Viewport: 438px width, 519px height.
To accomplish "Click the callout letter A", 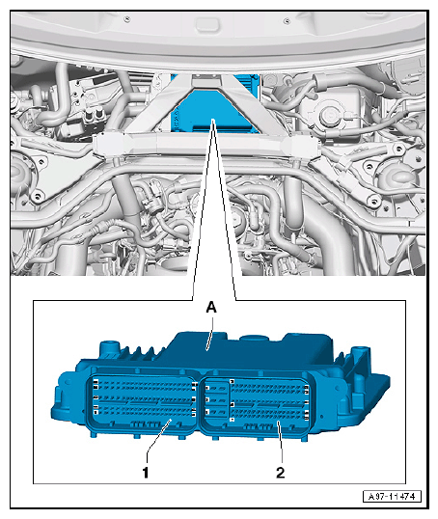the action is [211, 308].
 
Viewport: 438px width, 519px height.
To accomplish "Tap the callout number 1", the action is [146, 473].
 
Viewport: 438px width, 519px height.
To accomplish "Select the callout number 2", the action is [280, 473].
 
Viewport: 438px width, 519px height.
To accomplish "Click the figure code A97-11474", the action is [392, 497].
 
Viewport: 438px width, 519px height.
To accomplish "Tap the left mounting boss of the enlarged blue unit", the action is [109, 347].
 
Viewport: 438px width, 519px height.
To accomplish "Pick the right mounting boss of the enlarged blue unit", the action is [360, 353].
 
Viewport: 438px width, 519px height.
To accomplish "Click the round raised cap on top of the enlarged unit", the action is [255, 339].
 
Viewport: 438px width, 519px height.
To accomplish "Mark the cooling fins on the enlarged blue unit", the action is [141, 353].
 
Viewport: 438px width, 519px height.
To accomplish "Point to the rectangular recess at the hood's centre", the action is [206, 25].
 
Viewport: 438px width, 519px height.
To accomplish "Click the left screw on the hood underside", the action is [126, 19].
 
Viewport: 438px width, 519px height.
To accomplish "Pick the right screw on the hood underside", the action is [287, 21].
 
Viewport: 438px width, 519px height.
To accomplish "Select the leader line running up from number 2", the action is [280, 442].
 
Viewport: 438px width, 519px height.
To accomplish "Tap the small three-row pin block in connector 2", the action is [216, 399].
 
